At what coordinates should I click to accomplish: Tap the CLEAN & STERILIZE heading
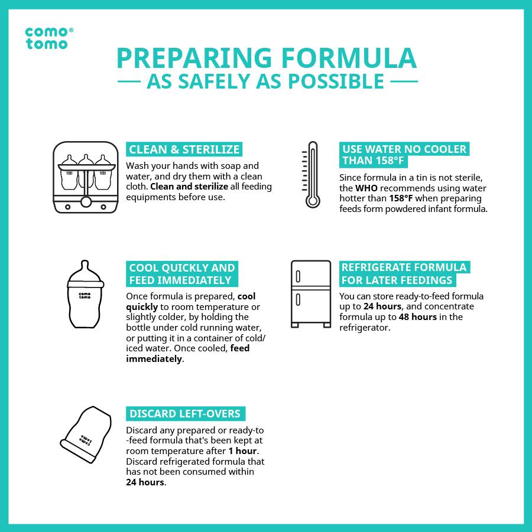coord(184,149)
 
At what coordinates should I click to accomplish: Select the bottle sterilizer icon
coord(86,177)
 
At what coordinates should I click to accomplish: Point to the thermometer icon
coord(312,174)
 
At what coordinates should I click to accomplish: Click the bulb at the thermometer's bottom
coord(313,201)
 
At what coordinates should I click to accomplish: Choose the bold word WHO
coord(366,188)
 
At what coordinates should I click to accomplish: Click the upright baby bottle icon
coord(85,294)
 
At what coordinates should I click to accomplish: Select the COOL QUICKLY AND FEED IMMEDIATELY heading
coord(182,274)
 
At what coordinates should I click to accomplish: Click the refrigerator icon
coord(311,294)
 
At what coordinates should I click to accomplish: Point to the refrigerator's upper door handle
coord(298,276)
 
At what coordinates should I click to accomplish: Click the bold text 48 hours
coord(417,317)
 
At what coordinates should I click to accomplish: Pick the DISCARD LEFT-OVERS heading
coord(186,413)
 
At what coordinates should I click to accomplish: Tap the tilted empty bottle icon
coord(86,435)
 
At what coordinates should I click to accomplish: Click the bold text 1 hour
coord(242,451)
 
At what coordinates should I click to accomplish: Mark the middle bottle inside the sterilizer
coord(86,171)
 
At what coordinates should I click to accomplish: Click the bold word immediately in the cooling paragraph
coord(154,359)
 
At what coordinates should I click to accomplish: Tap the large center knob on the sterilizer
coord(86,202)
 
